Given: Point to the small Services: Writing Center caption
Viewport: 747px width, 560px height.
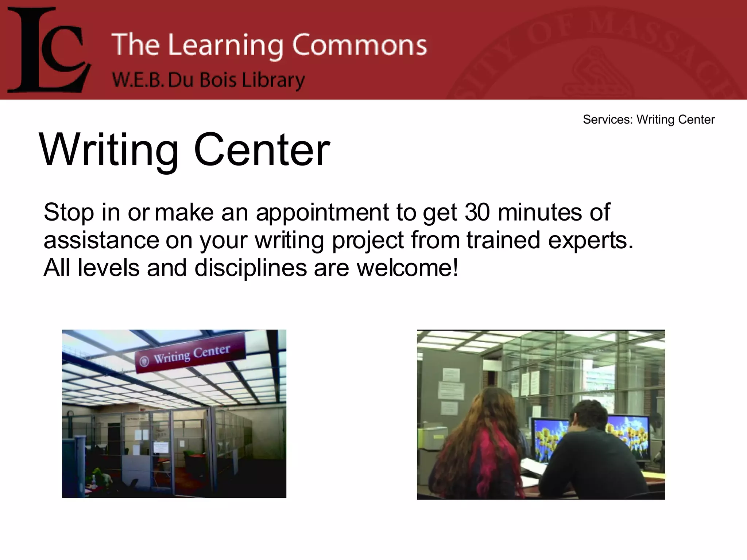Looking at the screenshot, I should [x=649, y=120].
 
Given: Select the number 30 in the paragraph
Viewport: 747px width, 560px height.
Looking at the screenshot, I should [x=477, y=212].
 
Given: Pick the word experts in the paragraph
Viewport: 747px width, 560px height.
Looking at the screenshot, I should [x=591, y=240].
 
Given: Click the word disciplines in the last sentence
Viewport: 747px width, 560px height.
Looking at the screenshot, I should [x=251, y=268].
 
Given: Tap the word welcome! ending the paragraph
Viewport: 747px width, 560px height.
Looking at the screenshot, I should [x=407, y=268].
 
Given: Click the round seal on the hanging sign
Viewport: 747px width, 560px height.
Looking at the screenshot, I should [x=144, y=361].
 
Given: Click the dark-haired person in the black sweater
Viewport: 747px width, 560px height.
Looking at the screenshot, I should [x=591, y=456].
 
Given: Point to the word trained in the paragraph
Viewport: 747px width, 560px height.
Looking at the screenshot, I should [x=503, y=240].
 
